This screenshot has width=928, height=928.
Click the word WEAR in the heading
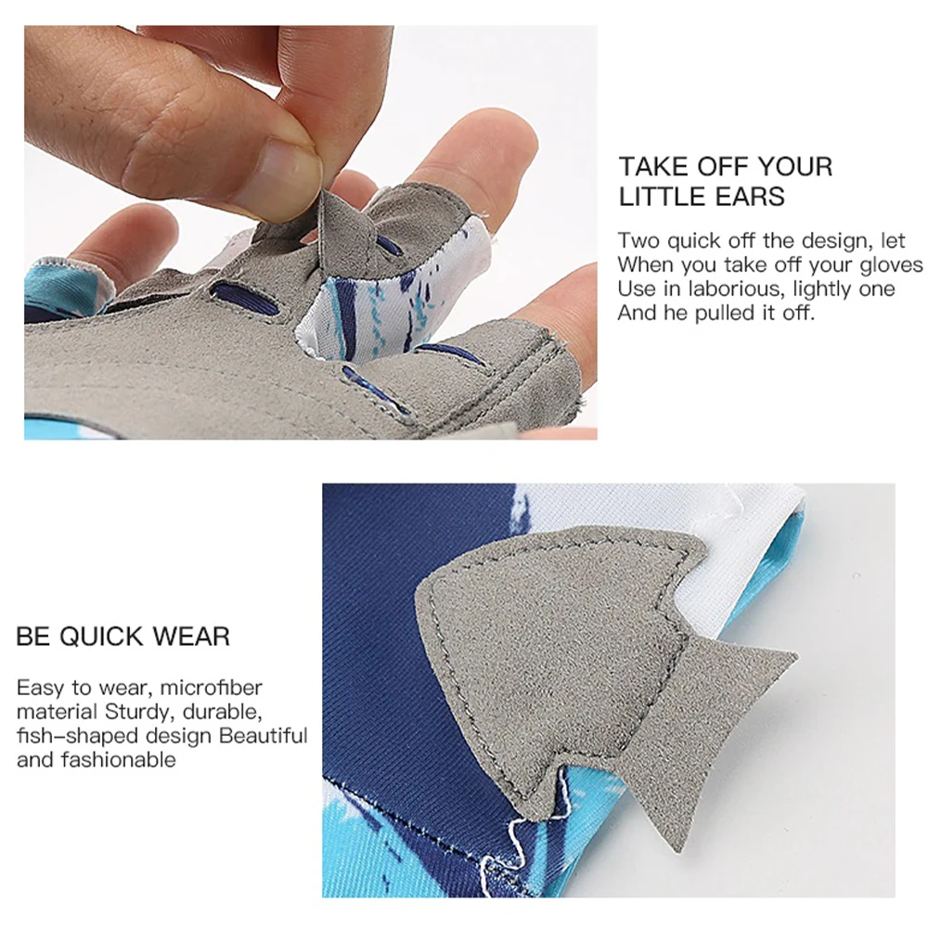(191, 637)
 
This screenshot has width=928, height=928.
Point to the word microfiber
(211, 687)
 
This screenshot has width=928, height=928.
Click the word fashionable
(119, 759)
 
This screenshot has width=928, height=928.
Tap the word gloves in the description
(892, 265)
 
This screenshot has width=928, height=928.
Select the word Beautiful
(264, 735)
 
